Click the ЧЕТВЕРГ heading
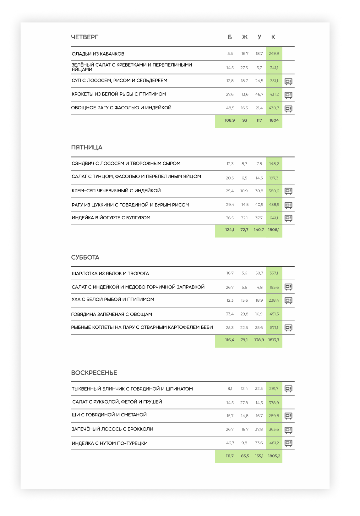tap(85, 37)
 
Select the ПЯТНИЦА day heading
tap(87, 147)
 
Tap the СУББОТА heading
tap(85, 257)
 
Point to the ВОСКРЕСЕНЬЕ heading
tap(94, 373)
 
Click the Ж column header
tap(245, 37)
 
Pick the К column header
tap(273, 37)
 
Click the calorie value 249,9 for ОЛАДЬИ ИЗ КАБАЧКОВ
tap(274, 54)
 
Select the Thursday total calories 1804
tap(274, 120)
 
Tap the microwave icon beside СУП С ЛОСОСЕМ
tap(288, 81)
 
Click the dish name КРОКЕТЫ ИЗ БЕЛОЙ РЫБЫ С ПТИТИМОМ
tap(119, 94)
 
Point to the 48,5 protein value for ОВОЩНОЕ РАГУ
tap(230, 108)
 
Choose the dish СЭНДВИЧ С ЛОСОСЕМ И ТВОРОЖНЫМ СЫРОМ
tap(126, 163)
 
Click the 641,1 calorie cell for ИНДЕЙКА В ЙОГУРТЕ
tap(274, 218)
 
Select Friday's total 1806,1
tap(274, 230)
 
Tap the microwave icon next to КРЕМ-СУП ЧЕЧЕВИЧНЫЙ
tap(288, 191)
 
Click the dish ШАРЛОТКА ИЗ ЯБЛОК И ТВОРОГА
tap(110, 273)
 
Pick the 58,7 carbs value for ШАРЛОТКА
tap(259, 273)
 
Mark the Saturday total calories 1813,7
tap(274, 340)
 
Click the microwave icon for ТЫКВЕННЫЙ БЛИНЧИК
tap(288, 389)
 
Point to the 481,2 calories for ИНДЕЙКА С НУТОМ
tap(274, 443)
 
